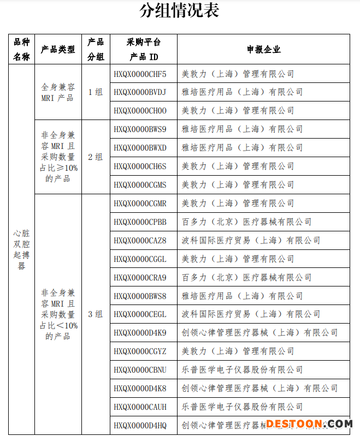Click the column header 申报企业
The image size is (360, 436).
tap(263, 49)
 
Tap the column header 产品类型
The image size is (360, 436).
tap(58, 49)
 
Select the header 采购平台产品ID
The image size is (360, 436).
tap(144, 49)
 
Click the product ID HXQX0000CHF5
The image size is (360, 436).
tap(140, 74)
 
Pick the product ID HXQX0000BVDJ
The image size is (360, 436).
tap(140, 92)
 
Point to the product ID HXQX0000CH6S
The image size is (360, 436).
tap(140, 166)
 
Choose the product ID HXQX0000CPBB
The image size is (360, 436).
tap(140, 222)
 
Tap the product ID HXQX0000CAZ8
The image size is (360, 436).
tap(140, 240)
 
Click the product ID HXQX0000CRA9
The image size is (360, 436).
tap(140, 277)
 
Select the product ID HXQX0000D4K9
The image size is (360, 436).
tap(140, 332)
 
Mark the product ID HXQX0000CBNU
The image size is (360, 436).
tap(140, 369)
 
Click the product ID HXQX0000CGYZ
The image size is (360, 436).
tap(140, 351)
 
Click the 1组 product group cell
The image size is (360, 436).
tap(96, 92)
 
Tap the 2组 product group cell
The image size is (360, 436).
tap(96, 157)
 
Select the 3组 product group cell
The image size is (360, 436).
tap(96, 314)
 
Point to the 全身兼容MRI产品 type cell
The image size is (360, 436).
tap(58, 92)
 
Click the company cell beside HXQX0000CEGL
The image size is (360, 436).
tap(251, 314)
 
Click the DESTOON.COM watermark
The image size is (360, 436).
tap(309, 423)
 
